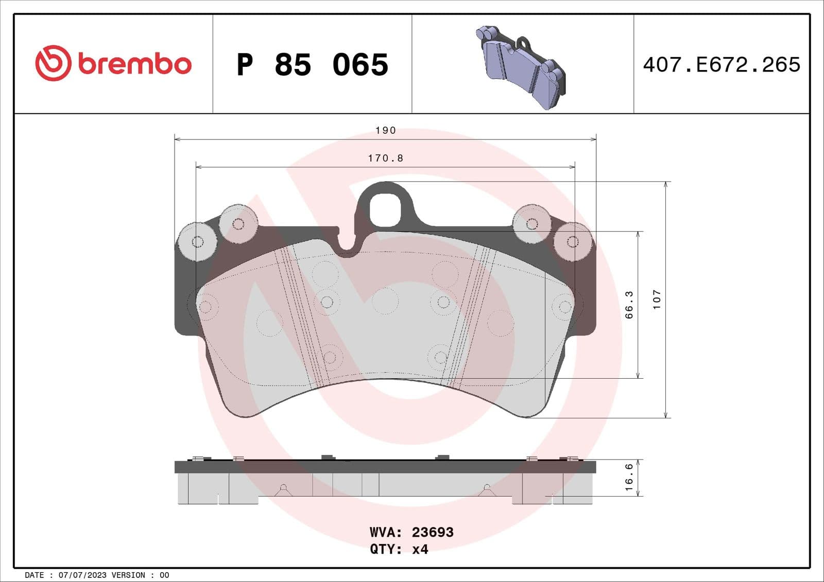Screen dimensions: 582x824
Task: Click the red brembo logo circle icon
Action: tap(53, 63)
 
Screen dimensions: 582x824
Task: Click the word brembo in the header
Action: tap(135, 64)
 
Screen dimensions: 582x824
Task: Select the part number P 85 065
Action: tap(312, 65)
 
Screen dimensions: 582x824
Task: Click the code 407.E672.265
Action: tap(722, 65)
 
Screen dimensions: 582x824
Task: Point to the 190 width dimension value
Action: tap(385, 131)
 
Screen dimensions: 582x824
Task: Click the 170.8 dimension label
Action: tap(385, 158)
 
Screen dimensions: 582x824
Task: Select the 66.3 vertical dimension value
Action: tap(629, 305)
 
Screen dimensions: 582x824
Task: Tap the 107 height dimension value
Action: tap(657, 299)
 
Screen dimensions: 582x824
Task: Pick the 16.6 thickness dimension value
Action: tap(629, 477)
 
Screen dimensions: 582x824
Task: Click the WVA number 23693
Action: tap(433, 532)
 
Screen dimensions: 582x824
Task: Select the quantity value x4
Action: tap(420, 550)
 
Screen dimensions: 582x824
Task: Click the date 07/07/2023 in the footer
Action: tap(82, 575)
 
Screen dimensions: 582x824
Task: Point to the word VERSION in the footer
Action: tap(128, 575)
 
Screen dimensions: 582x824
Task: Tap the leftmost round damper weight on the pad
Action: tap(197, 241)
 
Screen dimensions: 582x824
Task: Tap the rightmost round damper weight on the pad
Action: tap(573, 241)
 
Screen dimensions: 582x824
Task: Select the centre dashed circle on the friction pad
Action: tap(385, 301)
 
